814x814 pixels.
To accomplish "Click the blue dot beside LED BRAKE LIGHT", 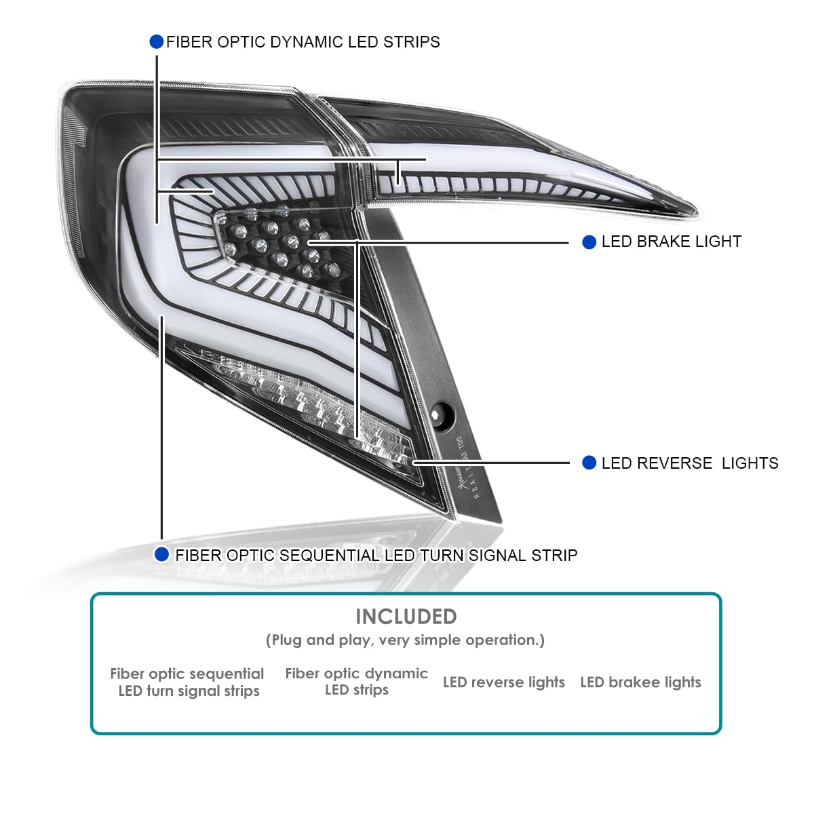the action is pyautogui.click(x=589, y=242).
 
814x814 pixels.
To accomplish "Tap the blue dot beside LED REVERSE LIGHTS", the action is pyautogui.click(x=589, y=463).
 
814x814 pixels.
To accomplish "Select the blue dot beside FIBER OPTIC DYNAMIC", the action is pyautogui.click(x=157, y=41).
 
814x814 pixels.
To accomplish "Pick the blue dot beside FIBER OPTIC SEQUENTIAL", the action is pyautogui.click(x=161, y=555).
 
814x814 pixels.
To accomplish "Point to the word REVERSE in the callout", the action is pyautogui.click(x=674, y=463).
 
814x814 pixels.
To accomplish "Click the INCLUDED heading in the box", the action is pyautogui.click(x=406, y=617).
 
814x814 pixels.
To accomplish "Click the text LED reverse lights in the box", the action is pyautogui.click(x=503, y=682).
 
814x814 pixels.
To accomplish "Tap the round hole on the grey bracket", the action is pyautogui.click(x=442, y=414).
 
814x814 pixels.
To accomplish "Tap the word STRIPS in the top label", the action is pyautogui.click(x=412, y=42).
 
